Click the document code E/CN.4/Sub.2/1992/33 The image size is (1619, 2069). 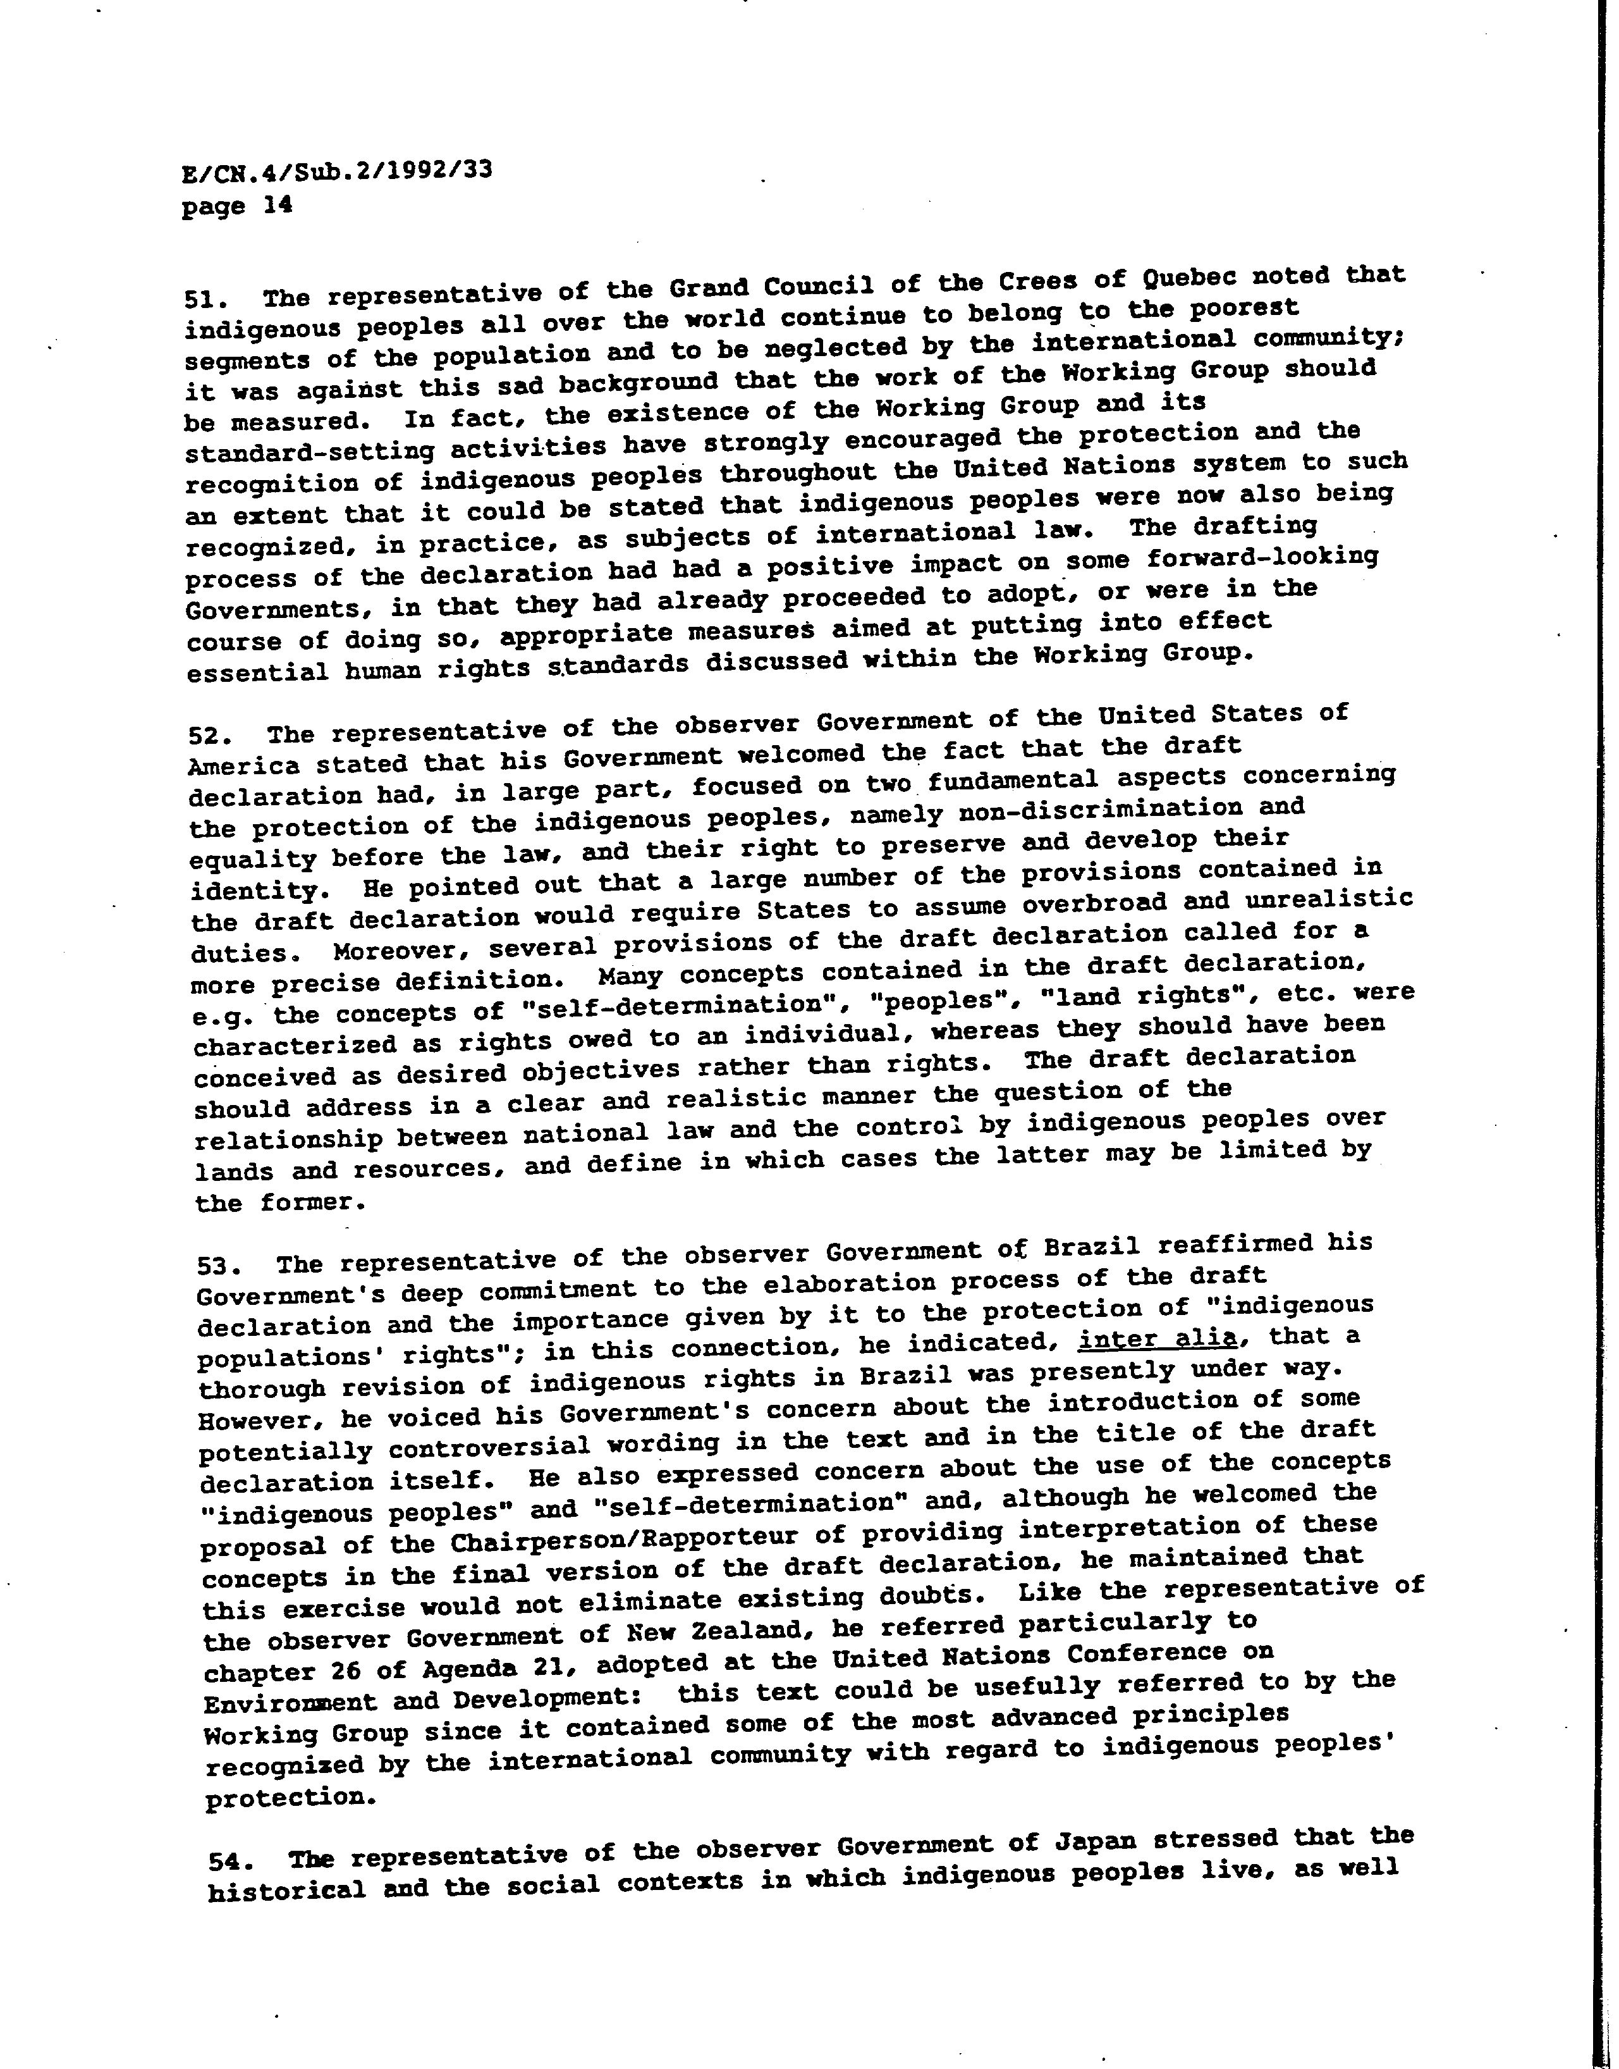[336, 173]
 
